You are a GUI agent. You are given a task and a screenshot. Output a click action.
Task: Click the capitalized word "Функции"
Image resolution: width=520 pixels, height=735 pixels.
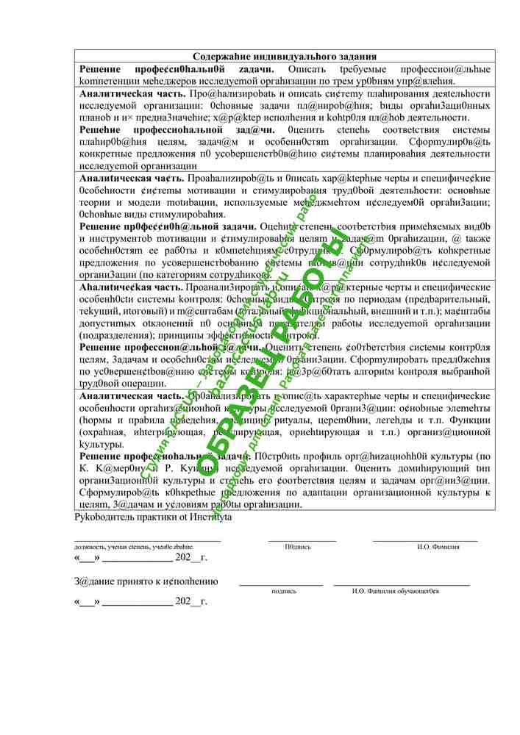click(470, 420)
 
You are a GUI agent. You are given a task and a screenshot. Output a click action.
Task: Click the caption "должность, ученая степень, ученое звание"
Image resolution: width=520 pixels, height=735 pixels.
click(133, 547)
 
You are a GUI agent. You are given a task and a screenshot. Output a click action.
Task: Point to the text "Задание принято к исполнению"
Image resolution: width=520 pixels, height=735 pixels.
click(146, 581)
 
